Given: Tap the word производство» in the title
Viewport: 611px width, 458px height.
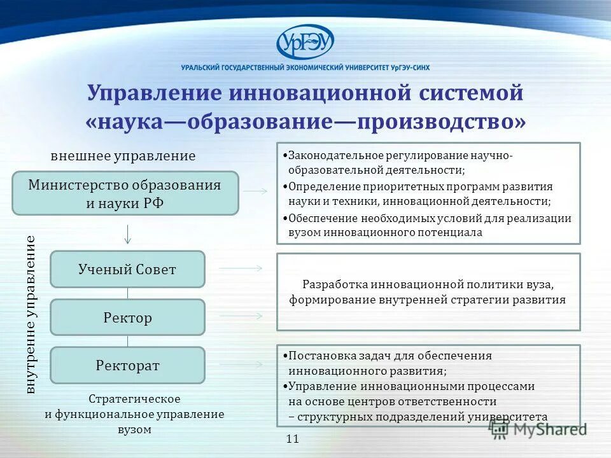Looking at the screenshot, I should pos(442,121).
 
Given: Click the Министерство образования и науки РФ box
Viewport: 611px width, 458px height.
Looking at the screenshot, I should pos(125,193).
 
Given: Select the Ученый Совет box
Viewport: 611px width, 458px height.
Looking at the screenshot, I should pos(127,269).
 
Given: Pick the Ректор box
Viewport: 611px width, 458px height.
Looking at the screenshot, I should pos(127,317).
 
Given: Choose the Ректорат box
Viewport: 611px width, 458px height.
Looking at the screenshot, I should pos(127,365).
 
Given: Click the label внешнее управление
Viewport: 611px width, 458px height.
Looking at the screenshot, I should pos(123,156).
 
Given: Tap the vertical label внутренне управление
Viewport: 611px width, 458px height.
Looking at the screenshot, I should pos(31,315).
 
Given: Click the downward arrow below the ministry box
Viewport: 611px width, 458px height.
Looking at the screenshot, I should pos(128,233).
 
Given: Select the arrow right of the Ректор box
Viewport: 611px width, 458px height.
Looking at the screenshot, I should pos(241,316).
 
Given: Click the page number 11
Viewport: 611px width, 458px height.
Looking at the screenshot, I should pos(293,439).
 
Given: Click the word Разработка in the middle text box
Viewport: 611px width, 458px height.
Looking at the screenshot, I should pos(334,284).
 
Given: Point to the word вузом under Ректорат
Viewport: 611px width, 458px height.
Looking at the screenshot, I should pos(134,429).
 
